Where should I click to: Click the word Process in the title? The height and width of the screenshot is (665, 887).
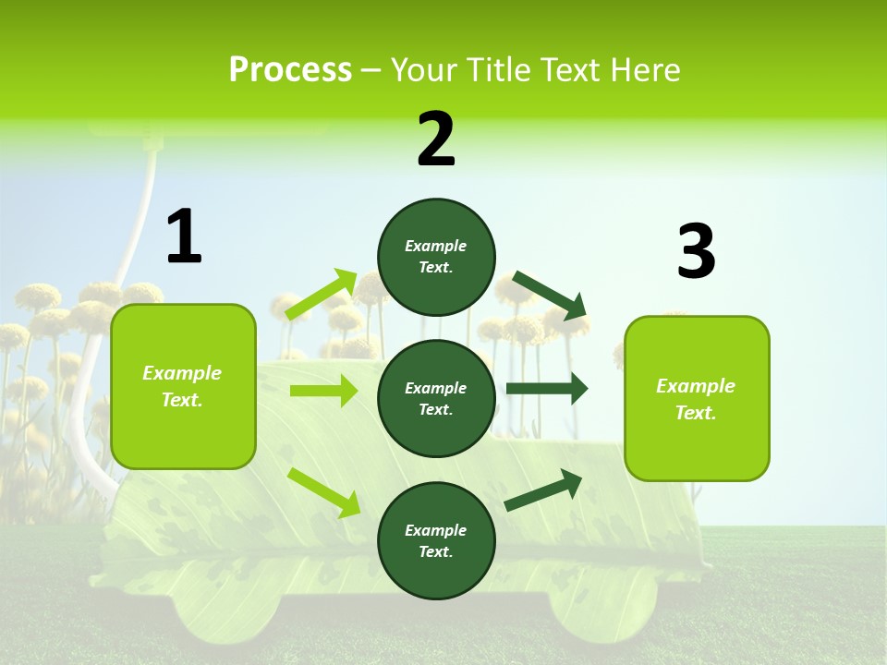tap(290, 70)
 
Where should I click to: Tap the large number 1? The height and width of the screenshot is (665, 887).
tap(184, 236)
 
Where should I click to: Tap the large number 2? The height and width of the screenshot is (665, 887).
tap(436, 139)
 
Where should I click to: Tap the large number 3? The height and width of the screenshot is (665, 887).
tap(696, 251)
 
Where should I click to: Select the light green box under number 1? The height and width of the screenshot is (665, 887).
tap(183, 386)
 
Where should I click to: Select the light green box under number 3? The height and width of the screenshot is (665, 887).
tap(697, 398)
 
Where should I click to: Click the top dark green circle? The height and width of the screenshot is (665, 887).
tap(436, 257)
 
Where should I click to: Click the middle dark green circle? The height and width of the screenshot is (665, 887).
tap(436, 398)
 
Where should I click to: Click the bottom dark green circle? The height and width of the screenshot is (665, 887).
tap(436, 540)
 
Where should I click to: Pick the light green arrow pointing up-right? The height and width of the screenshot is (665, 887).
tap(322, 295)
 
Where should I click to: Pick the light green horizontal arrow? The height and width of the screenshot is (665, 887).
tap(323, 391)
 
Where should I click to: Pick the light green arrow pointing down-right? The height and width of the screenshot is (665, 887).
tap(324, 491)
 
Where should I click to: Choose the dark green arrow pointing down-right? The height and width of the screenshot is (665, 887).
tap(551, 296)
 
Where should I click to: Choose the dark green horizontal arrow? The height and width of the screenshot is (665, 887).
tap(547, 389)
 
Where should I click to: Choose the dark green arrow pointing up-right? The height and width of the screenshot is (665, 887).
tap(543, 490)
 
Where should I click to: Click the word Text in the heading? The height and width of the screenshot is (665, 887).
tap(572, 70)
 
